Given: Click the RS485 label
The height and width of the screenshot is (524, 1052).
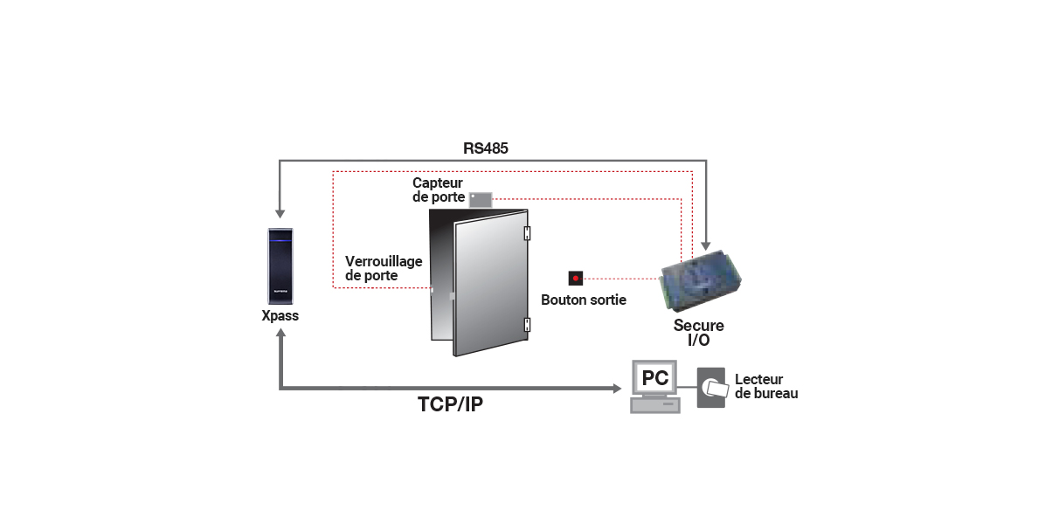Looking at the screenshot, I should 486,148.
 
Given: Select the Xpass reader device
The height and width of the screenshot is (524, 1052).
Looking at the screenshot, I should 280,265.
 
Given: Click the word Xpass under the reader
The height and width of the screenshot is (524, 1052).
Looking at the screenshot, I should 280,316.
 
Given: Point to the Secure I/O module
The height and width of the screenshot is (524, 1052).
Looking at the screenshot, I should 702,279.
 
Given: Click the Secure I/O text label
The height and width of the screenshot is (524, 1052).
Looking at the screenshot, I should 698,333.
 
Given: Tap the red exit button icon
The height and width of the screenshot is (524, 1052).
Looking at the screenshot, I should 575,279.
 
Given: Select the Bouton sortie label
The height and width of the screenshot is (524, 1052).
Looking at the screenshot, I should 584,300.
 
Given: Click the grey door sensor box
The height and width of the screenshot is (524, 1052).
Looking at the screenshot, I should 481,199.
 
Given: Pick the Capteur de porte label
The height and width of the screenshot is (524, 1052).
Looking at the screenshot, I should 438,190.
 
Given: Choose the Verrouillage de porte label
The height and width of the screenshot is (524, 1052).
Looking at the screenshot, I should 384,268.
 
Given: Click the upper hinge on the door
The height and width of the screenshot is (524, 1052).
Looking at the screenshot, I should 527,233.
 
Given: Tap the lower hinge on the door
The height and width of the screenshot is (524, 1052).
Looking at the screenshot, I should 527,325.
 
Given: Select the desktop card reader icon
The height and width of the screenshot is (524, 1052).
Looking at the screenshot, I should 711,387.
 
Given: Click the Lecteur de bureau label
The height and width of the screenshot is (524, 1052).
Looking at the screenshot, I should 765,387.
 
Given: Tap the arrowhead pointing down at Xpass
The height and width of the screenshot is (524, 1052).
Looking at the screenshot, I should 280,212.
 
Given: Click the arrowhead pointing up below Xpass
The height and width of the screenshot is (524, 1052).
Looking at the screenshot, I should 280,335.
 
